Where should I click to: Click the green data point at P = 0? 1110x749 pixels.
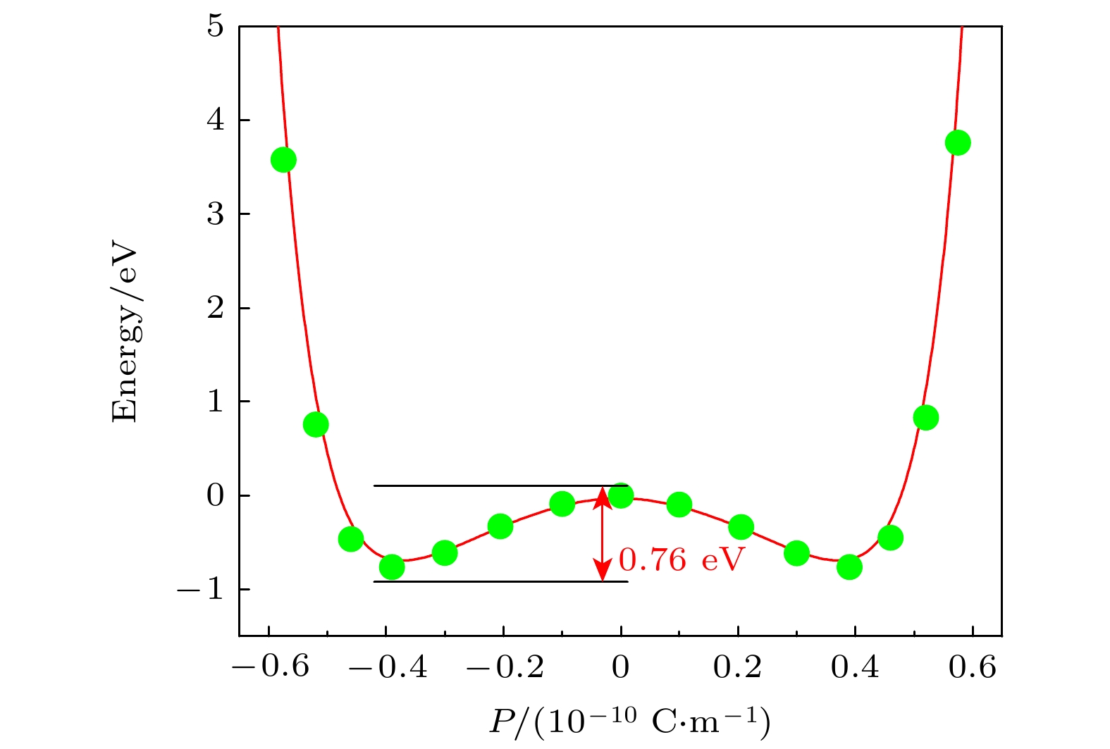620,495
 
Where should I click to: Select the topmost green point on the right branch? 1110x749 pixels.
958,143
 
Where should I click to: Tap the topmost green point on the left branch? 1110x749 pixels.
283,160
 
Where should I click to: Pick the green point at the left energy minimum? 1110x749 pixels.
392,567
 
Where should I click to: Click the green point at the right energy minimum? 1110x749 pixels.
849,567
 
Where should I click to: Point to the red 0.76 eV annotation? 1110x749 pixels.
682,560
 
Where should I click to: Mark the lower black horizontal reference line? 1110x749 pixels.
493,582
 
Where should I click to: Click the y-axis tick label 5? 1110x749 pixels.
216,27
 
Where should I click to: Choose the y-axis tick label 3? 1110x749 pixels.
216,214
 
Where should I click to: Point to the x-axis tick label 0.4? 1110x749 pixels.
855,667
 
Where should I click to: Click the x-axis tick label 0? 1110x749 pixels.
620,667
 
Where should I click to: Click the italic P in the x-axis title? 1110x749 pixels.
502,722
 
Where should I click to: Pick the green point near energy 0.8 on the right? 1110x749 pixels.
925,418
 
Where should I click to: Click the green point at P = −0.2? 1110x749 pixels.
500,526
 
